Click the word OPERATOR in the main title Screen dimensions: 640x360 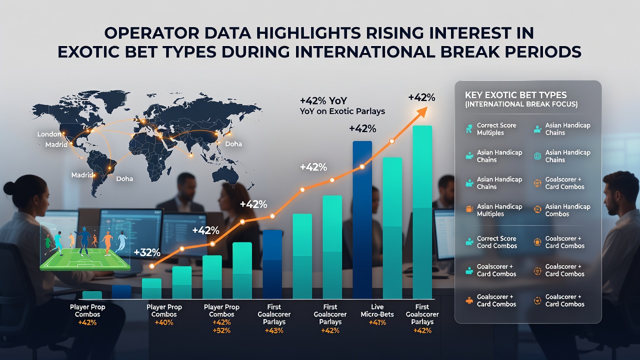click(151, 33)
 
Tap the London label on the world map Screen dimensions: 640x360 click(49, 134)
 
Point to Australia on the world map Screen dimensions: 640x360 click(226, 175)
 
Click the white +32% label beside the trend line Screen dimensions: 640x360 click(147, 252)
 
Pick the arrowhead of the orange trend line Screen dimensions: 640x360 click(422, 112)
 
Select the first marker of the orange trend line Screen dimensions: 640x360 click(152, 266)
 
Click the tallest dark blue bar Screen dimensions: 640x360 click(362, 219)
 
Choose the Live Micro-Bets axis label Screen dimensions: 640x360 click(377, 310)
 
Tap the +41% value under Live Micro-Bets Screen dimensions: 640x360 click(377, 323)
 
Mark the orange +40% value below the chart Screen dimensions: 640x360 click(164, 323)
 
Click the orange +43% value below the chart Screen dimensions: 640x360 click(274, 331)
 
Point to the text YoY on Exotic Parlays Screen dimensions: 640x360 click(342, 111)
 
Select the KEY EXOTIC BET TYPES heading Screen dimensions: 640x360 click(515, 95)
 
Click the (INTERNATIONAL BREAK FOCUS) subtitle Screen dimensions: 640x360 click(521, 104)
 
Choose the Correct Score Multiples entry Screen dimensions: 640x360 click(496, 129)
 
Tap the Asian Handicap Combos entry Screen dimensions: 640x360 click(567, 210)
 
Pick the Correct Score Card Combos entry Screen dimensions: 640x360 click(497, 242)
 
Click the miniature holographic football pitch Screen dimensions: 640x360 click(84, 259)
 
